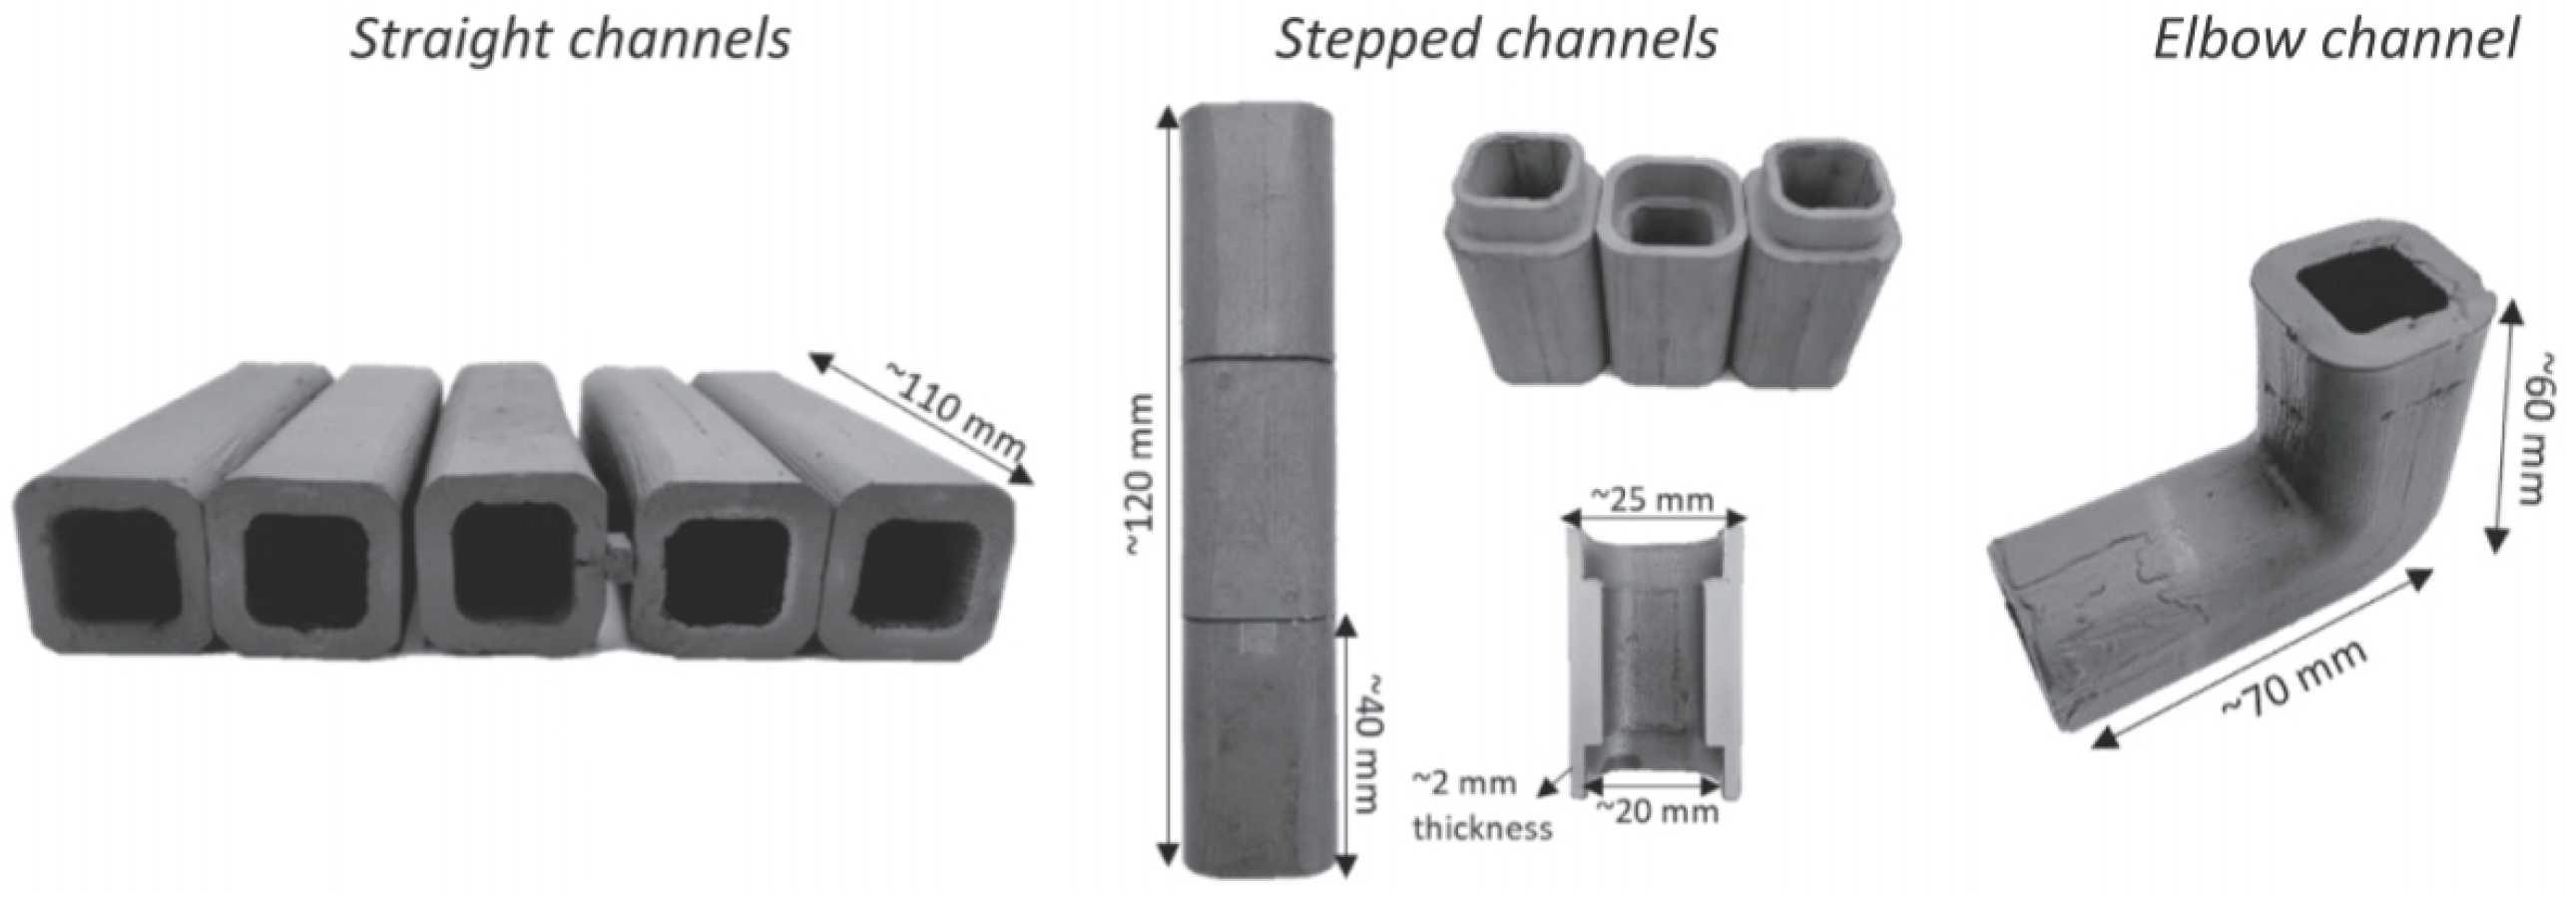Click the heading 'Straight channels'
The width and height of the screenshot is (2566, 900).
[x=569, y=40]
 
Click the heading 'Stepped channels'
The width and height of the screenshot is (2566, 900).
[x=1495, y=40]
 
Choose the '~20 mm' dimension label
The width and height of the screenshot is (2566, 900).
[x=1657, y=811]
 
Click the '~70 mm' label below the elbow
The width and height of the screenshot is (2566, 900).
[x=2296, y=678]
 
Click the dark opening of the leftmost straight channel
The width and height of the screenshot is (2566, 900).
[x=112, y=569]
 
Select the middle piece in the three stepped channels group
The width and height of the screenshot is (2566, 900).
[x=1669, y=264]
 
